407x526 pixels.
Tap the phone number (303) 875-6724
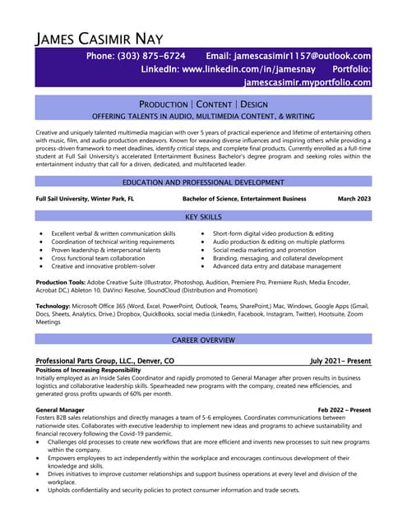click(x=136, y=56)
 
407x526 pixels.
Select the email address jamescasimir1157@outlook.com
click(x=289, y=56)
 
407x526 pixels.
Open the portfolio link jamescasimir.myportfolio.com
click(x=308, y=83)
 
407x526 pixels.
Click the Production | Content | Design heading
click(x=203, y=104)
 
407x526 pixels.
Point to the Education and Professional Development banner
click(x=203, y=182)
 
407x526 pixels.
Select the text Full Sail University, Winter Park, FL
click(x=85, y=199)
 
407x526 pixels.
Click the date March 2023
click(x=354, y=199)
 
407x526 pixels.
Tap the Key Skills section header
click(x=203, y=216)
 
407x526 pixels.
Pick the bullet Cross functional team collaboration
click(x=103, y=258)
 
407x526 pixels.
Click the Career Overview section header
click(x=203, y=339)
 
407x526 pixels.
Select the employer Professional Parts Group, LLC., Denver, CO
click(x=104, y=361)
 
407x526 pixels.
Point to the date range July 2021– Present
click(x=340, y=361)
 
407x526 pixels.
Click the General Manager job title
click(x=61, y=409)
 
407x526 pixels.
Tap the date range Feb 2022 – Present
click(x=344, y=409)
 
